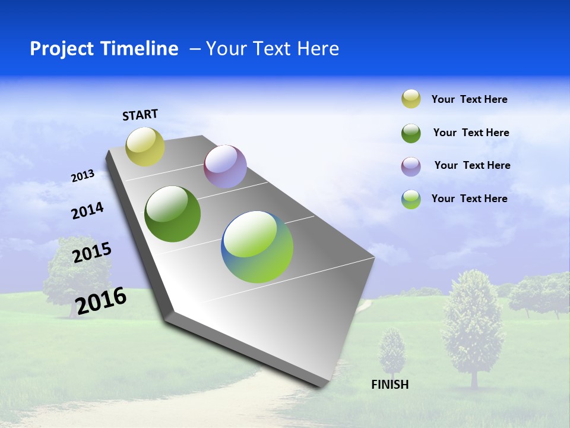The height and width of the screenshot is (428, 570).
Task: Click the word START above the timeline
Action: (140, 115)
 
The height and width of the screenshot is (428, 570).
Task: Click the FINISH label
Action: (390, 385)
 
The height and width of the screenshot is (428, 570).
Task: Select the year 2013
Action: (83, 176)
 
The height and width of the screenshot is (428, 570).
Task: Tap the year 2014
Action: (87, 211)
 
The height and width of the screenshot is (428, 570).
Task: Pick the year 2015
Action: (92, 253)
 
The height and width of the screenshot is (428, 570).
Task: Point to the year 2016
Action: (101, 301)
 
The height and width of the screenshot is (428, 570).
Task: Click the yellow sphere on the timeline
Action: (145, 147)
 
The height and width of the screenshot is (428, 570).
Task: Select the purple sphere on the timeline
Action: (225, 166)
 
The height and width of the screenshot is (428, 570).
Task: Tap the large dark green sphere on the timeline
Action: (173, 214)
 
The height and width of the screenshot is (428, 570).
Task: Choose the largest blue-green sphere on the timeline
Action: (257, 246)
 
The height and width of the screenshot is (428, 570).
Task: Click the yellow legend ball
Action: (411, 99)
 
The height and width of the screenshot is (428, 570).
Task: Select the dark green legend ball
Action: (411, 133)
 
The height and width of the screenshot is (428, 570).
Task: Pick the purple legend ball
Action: (411, 166)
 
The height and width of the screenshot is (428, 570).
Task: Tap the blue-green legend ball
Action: (411, 199)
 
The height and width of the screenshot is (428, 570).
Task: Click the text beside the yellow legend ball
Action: (469, 99)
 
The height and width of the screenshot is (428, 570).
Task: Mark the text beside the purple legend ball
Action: (472, 165)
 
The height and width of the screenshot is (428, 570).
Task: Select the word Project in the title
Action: (61, 49)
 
